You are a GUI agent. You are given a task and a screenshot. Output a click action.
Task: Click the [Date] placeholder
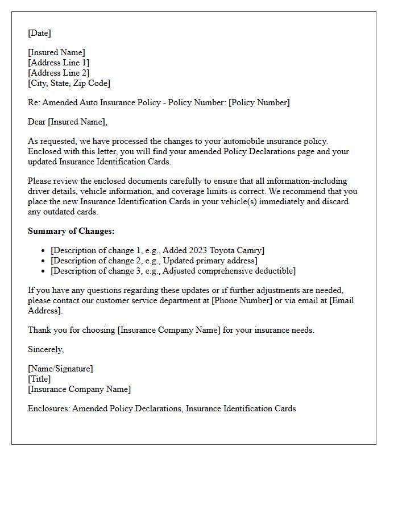coord(39,33)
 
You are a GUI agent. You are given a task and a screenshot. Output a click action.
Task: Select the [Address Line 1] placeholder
coord(59,63)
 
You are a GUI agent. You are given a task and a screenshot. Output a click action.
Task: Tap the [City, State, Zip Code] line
coord(69,83)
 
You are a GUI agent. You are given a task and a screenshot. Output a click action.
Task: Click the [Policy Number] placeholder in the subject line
coord(259,102)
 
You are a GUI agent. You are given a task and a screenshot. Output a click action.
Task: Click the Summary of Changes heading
coord(71,231)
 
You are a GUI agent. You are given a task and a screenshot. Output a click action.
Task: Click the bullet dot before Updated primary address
coord(43,261)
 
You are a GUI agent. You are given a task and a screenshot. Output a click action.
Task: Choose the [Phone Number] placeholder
coord(242,300)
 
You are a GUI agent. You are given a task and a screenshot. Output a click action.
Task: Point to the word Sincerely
coord(45,349)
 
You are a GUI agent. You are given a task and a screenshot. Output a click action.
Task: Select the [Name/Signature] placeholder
coord(60,369)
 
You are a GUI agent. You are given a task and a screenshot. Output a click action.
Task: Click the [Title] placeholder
coord(39,379)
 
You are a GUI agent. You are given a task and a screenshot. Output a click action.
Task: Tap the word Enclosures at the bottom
coord(48,408)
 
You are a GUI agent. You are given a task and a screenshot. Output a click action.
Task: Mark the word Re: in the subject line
coord(34,102)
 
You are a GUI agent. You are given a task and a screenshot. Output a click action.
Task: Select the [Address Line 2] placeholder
coord(59,73)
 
